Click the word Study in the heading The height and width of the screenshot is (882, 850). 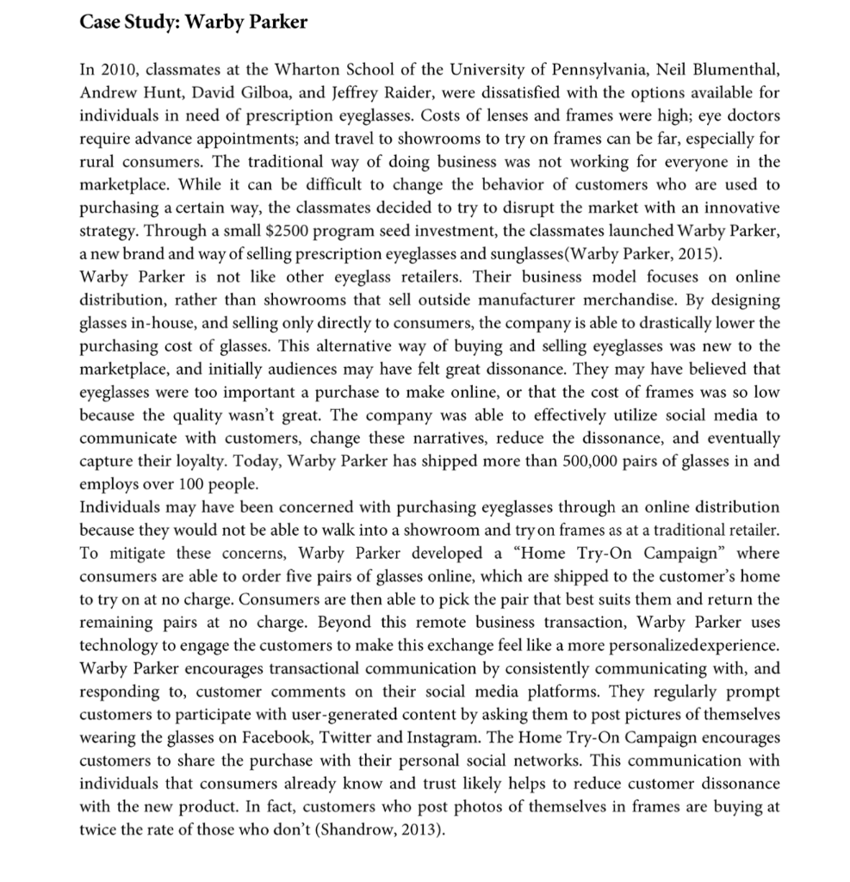150,22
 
